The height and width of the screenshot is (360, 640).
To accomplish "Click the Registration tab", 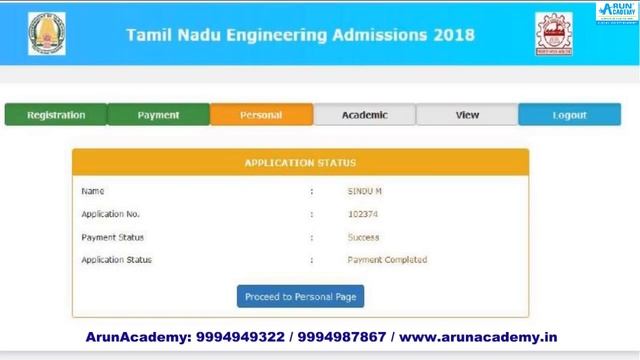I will [x=55, y=115].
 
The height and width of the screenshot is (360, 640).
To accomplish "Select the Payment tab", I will [x=158, y=115].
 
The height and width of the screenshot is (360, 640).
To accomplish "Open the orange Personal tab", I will [x=261, y=115].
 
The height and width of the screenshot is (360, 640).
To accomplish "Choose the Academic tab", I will [x=364, y=115].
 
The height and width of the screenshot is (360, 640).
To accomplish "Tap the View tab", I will [x=467, y=115].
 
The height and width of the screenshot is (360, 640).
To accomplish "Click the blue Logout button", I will [x=569, y=115].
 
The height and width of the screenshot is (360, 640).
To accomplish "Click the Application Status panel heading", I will [x=300, y=163].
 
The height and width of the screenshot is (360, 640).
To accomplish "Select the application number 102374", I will [x=363, y=214].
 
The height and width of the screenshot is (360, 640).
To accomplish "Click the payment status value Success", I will [x=364, y=237].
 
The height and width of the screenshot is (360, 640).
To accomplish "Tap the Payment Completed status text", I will [x=387, y=260].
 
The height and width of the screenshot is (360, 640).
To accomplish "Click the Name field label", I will [x=92, y=191].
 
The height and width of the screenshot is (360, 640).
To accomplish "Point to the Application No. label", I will [x=111, y=214].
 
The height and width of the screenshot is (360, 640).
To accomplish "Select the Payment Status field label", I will [x=112, y=237].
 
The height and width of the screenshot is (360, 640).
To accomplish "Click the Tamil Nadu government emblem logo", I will [x=46, y=34].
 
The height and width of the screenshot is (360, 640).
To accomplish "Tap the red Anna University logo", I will [x=554, y=34].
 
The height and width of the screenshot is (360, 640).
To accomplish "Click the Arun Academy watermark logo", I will [x=617, y=12].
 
